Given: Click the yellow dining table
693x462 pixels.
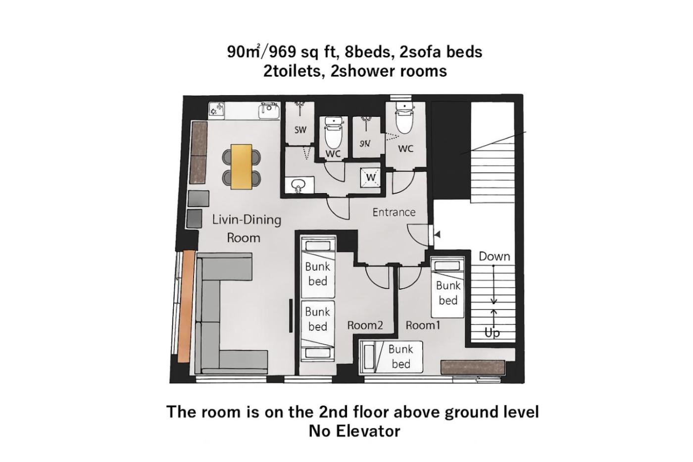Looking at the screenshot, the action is point(242,166).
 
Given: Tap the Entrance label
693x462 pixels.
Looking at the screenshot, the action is point(394,212).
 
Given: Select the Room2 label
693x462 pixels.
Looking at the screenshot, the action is point(365,325).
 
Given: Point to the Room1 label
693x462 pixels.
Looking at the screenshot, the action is point(423,325).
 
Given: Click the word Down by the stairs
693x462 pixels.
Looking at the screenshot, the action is point(495,256).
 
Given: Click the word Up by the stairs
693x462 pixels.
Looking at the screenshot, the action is point(492,333).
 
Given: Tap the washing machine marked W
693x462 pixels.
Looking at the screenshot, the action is point(370,178).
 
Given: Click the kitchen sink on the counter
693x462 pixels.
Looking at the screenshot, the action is point(269,110).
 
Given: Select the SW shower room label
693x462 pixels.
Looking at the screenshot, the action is point(300,130).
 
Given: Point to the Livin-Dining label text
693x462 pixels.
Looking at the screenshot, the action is point(247,220).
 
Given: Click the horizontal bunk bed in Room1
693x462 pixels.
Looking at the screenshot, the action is point(391,357).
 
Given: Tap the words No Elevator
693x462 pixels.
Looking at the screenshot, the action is point(354,431).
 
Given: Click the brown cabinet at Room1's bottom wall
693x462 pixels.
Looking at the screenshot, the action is point(473,367).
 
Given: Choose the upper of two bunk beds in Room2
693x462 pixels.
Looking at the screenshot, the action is point(318,267).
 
